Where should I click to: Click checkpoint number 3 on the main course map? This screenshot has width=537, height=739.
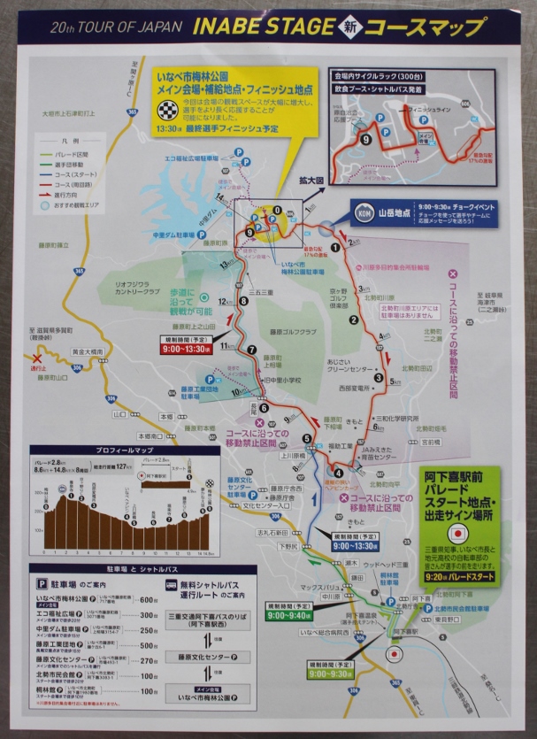tap(378, 378)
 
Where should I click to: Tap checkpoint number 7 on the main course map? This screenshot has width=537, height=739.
tap(253, 350)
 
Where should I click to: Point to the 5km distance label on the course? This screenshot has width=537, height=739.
tap(395, 383)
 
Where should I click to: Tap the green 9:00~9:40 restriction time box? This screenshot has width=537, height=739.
tap(288, 614)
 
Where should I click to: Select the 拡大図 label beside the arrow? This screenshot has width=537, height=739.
tap(309, 181)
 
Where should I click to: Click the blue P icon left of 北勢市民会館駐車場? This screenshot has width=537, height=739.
tap(428, 609)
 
